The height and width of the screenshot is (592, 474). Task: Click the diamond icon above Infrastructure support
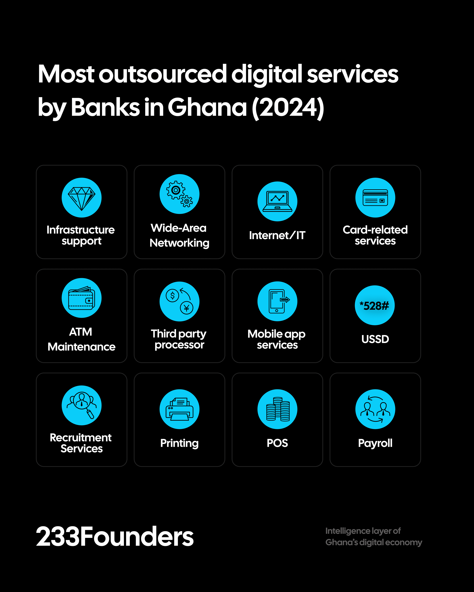click(x=81, y=198)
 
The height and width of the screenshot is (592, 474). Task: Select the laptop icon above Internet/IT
click(x=277, y=201)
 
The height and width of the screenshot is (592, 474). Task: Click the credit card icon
click(x=375, y=198)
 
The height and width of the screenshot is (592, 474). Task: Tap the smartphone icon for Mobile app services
click(x=277, y=301)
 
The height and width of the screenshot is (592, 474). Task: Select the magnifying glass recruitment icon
click(x=81, y=405)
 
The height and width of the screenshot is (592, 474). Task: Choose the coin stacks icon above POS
click(x=277, y=409)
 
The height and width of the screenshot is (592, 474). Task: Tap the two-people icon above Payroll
click(x=375, y=409)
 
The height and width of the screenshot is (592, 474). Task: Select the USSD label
click(x=375, y=339)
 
